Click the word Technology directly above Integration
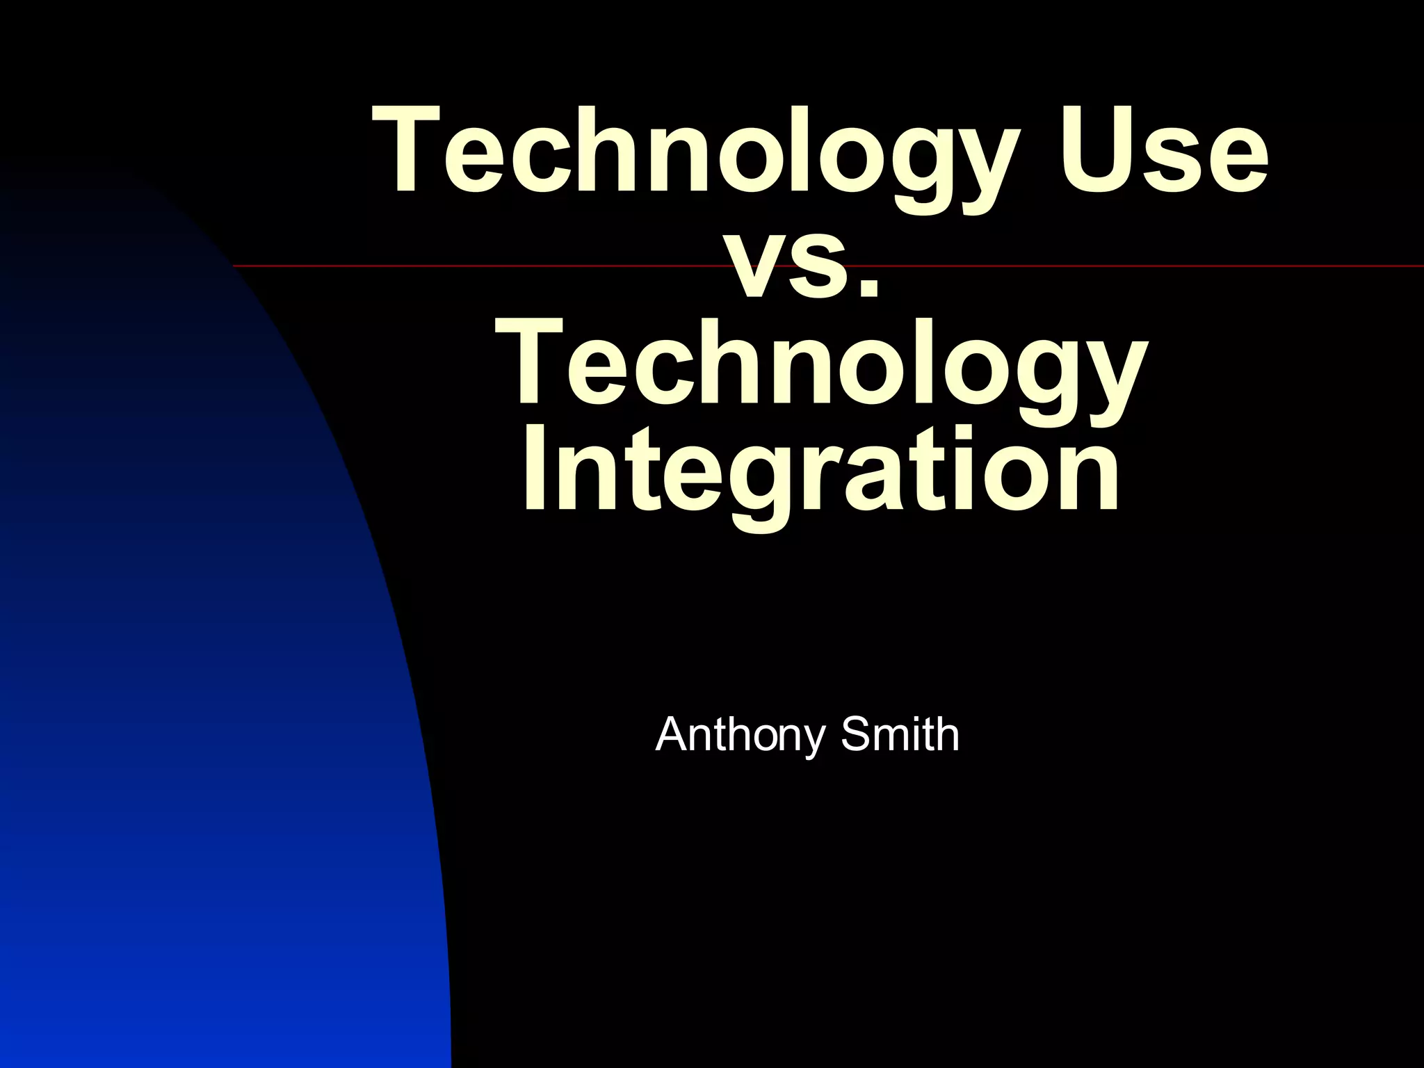(x=820, y=365)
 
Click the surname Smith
(x=900, y=735)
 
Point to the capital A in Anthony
(x=670, y=735)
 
